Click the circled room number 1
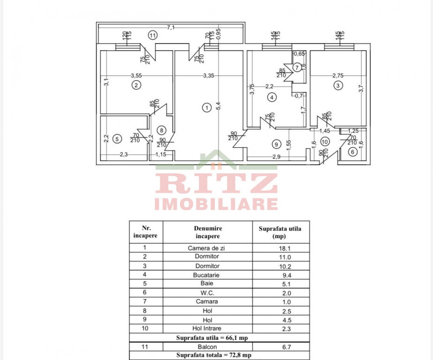coord(206,107)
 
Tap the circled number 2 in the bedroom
coord(136,85)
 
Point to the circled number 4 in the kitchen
coord(271,97)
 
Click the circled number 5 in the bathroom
coord(117,138)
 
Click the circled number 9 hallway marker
coord(276,144)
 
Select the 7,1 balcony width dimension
coord(171,28)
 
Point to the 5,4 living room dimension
coord(218,107)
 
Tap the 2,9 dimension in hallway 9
coord(276,157)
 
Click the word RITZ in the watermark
coord(216,183)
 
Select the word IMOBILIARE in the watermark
coord(216,204)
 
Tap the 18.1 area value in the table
coord(280,248)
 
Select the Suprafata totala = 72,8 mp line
coord(219,355)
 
